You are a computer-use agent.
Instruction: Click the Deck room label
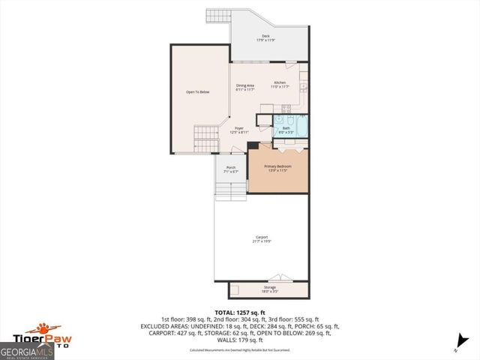coord(266,37)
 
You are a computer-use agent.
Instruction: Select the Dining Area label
coord(245,88)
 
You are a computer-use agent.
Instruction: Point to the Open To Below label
coord(198,92)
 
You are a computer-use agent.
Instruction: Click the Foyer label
coord(239,130)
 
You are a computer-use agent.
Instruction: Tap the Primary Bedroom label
coord(277,168)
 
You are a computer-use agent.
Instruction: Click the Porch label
coord(231,169)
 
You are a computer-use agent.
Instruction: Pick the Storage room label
coord(270,289)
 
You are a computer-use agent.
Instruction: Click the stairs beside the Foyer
coord(205,139)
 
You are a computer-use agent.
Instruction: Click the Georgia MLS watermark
coord(25,350)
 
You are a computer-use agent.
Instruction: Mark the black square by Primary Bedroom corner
coord(253,145)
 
